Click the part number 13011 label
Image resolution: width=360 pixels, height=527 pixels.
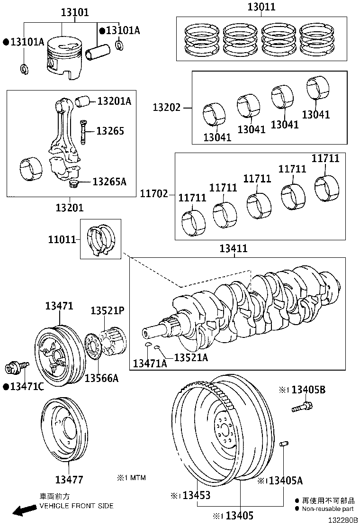tap(261, 7)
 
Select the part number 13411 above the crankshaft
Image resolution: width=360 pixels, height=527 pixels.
tap(234, 249)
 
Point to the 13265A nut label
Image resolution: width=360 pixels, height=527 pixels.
tap(109, 182)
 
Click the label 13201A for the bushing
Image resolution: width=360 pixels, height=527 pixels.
tap(114, 101)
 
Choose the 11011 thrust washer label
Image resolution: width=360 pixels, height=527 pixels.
tap(62, 240)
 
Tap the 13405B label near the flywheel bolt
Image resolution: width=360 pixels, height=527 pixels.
tap(308, 390)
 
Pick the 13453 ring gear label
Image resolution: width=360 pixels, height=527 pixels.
tap(196, 495)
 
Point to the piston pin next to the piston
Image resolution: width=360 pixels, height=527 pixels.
tap(98, 50)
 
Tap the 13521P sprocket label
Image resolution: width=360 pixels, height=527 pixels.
tap(108, 310)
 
